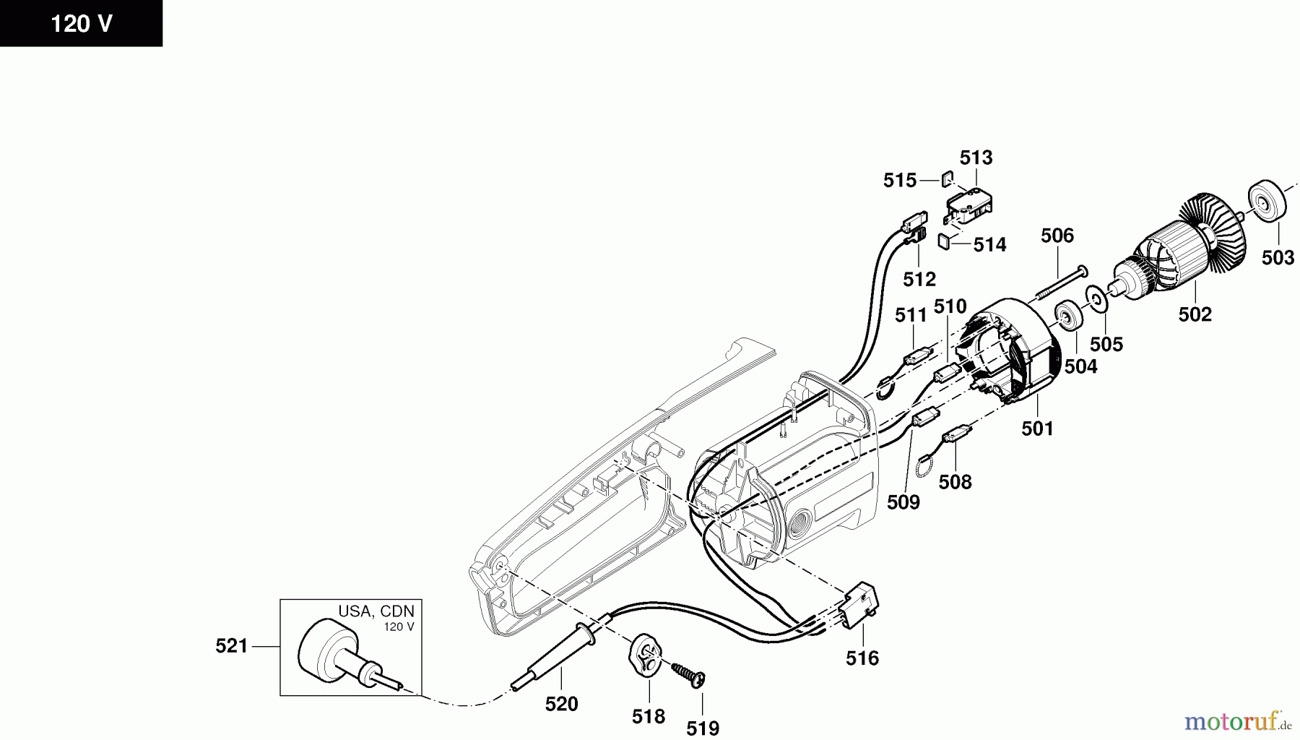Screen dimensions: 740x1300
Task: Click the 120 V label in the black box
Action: click(x=81, y=24)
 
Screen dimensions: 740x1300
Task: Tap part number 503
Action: click(x=1278, y=257)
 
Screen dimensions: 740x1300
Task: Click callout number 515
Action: click(x=900, y=180)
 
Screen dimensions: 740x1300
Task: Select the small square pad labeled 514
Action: click(x=944, y=241)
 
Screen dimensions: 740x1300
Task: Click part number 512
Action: click(x=919, y=278)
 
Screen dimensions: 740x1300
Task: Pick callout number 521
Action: click(x=231, y=646)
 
